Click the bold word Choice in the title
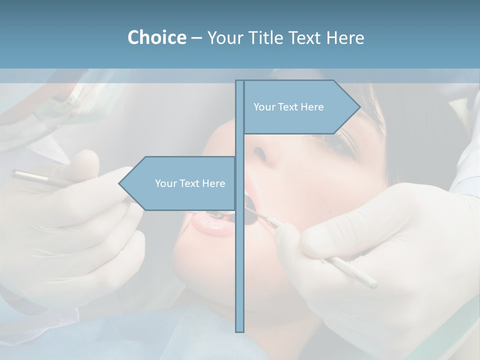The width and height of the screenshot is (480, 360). click(x=156, y=37)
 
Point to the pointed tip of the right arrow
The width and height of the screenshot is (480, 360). click(x=359, y=107)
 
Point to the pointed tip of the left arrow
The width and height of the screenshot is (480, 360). click(x=120, y=183)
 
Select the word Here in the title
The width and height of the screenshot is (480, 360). click(x=345, y=37)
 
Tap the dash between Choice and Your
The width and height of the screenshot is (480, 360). click(x=196, y=38)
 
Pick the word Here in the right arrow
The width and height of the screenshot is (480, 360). click(x=312, y=107)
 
